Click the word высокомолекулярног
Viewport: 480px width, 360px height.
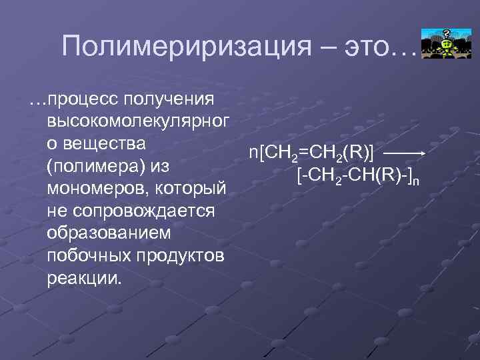click(x=138, y=122)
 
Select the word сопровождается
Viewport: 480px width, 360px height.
click(x=141, y=211)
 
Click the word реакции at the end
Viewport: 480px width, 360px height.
click(x=85, y=277)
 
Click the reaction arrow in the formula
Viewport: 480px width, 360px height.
click(x=405, y=153)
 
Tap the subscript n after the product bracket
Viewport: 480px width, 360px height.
click(x=416, y=179)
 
